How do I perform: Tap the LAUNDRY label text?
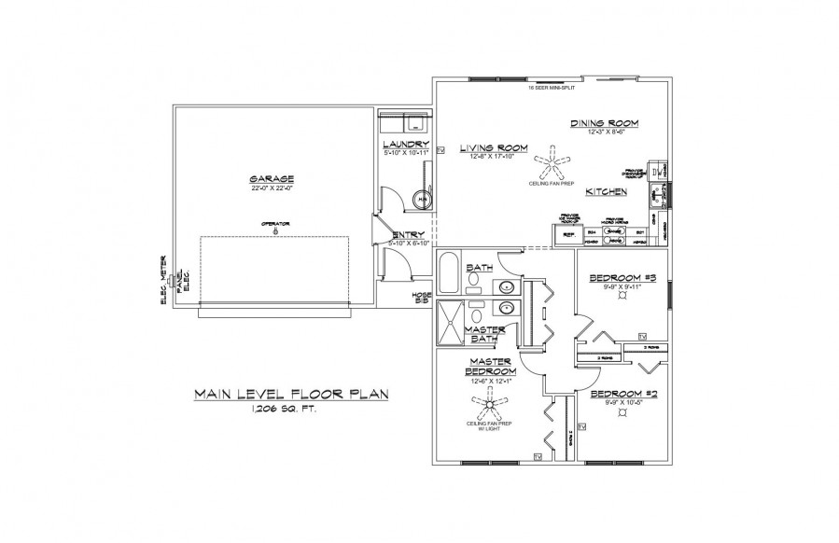(x=406, y=144)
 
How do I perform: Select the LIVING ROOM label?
(x=494, y=147)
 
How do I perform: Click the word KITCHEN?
(x=605, y=191)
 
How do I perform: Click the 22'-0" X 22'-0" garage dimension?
(x=272, y=188)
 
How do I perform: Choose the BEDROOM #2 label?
(x=625, y=394)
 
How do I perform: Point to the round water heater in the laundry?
(x=422, y=199)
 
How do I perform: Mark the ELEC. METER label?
(x=163, y=273)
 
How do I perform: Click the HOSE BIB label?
(x=422, y=298)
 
